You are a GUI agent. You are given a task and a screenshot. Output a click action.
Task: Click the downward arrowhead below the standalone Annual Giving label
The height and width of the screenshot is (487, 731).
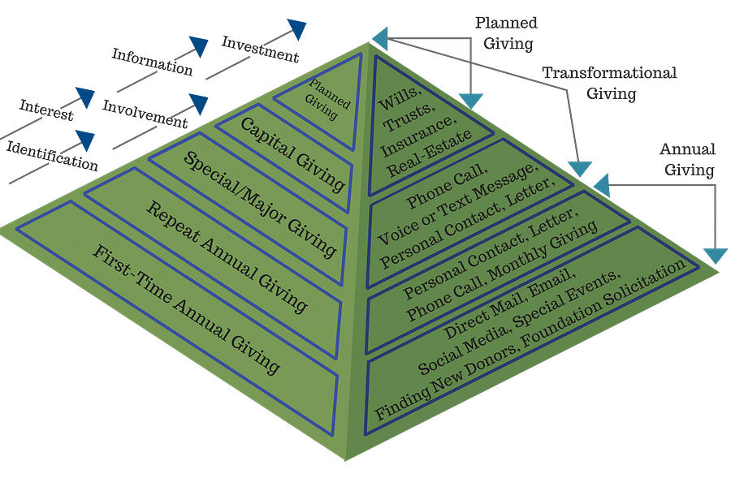click(x=715, y=255)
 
